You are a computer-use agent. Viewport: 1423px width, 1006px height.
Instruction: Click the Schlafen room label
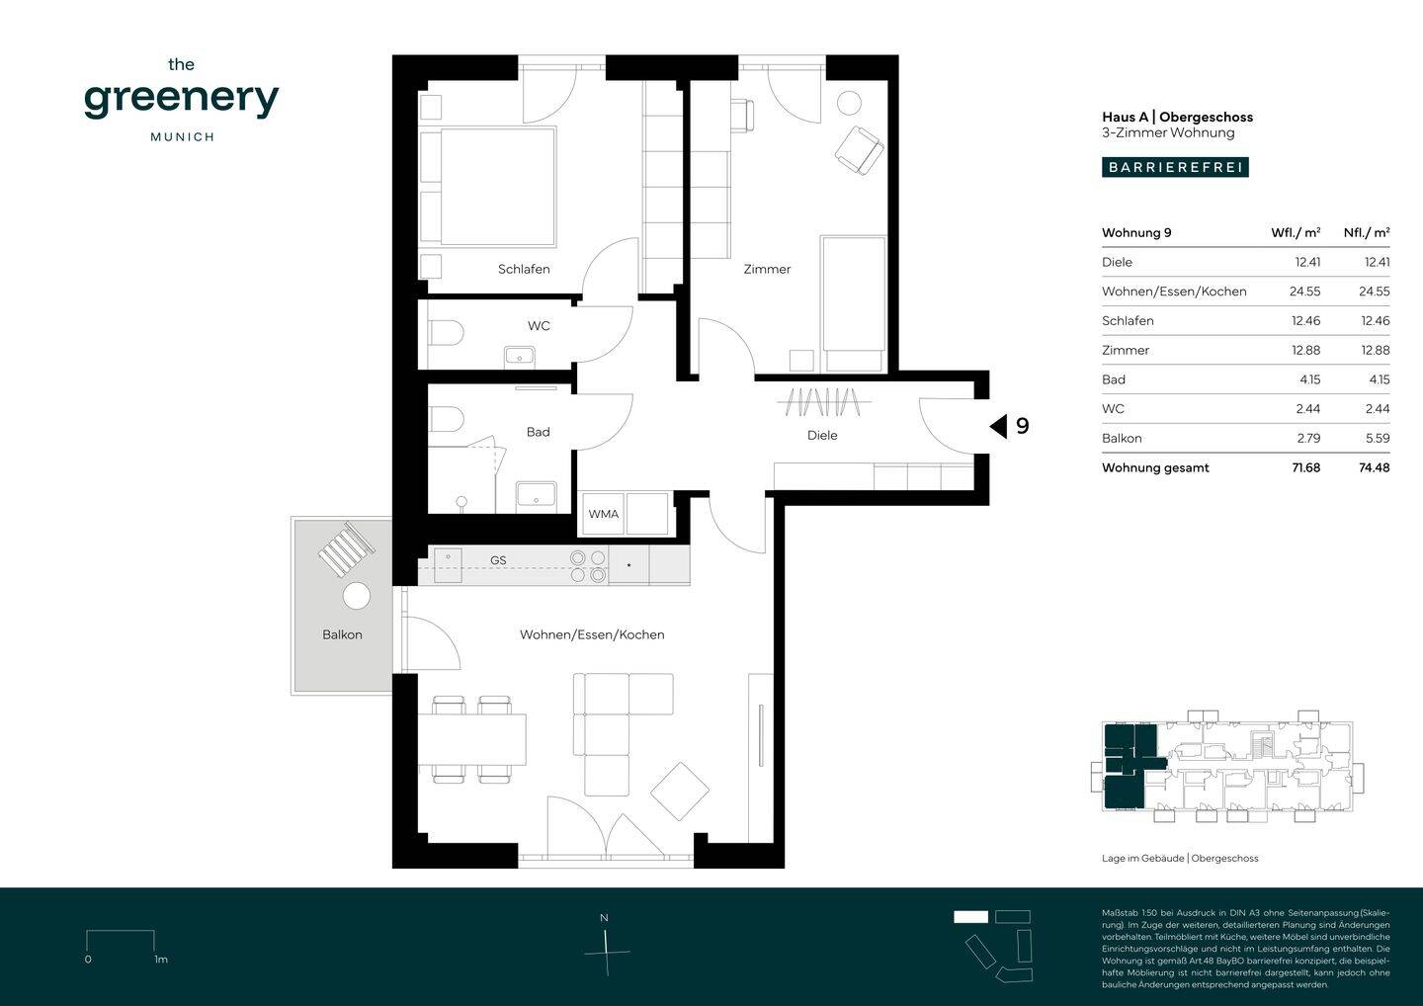click(524, 269)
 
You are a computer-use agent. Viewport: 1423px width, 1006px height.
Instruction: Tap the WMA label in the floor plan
click(603, 514)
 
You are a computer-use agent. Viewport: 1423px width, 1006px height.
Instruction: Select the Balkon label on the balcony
click(342, 634)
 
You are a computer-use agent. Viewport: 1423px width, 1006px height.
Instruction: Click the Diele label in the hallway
click(822, 435)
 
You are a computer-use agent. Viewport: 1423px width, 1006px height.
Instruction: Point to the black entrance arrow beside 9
click(999, 426)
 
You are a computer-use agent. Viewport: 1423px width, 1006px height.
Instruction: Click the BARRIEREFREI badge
click(1175, 167)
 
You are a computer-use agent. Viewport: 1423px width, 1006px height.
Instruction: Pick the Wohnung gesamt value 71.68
click(1306, 467)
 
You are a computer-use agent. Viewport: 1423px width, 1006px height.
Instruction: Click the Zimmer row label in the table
click(1125, 350)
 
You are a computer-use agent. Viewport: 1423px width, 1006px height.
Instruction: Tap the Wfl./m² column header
click(1296, 232)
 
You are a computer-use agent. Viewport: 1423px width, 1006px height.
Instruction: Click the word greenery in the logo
click(182, 100)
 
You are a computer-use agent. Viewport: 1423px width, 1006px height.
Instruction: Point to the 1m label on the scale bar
click(161, 959)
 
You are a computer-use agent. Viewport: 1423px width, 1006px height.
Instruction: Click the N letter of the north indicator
click(604, 918)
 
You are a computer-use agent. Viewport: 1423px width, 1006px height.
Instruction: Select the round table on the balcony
click(357, 596)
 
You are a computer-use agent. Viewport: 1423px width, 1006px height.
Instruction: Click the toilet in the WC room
click(447, 333)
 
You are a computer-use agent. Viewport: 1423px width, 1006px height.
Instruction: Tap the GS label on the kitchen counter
click(498, 560)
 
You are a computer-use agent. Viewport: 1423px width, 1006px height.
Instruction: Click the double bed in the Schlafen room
click(488, 187)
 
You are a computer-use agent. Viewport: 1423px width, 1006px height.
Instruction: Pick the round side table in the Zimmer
click(849, 103)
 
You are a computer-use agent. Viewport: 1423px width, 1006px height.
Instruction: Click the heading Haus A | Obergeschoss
click(1177, 117)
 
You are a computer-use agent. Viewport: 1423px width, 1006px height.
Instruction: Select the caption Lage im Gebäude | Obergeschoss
click(1180, 858)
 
